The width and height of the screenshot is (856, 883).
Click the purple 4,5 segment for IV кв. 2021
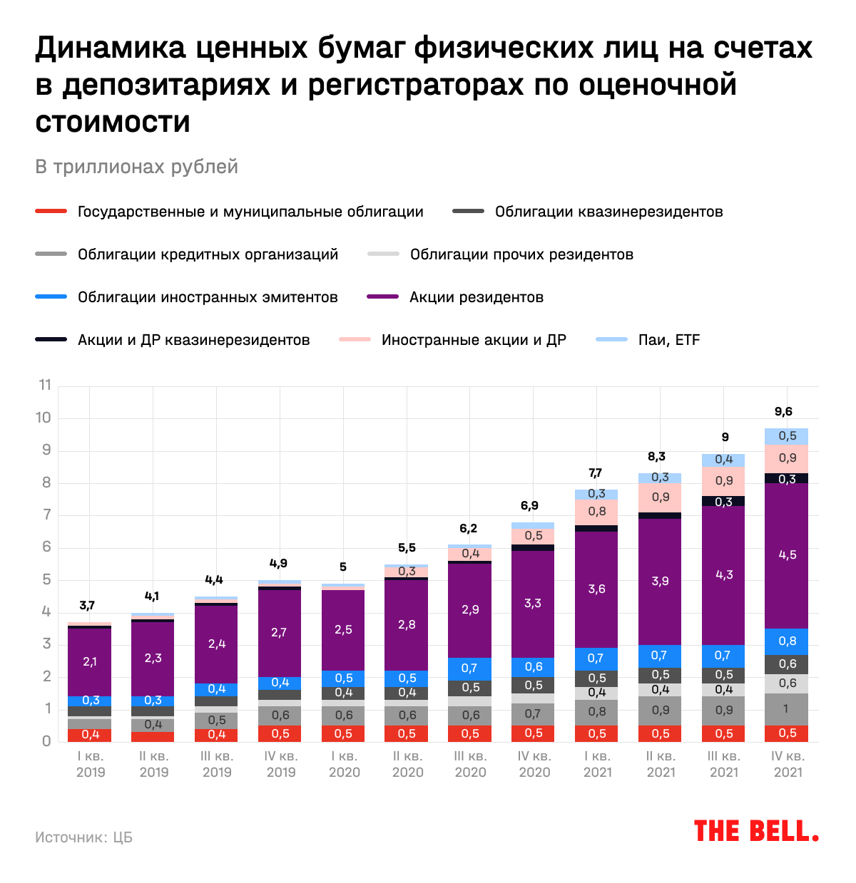click(787, 554)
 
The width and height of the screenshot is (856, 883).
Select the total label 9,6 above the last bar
click(783, 412)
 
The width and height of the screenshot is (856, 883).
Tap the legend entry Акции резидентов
click(476, 297)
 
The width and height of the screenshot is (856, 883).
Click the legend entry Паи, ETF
click(668, 340)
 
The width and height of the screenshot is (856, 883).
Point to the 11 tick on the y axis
click(45, 386)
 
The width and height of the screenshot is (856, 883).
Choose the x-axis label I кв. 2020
click(343, 764)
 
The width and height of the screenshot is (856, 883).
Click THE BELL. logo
click(756, 831)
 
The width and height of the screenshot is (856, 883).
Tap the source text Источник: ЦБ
click(83, 837)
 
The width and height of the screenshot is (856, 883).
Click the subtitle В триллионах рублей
click(136, 167)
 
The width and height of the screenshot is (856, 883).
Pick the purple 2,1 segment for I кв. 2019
click(90, 661)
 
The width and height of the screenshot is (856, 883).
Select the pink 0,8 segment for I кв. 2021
click(596, 511)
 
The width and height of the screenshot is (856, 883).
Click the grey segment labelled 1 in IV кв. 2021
click(787, 709)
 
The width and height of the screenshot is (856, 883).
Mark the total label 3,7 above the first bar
click(87, 606)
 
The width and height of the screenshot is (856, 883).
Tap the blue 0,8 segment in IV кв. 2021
click(787, 641)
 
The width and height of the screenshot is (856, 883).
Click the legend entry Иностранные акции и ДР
click(473, 340)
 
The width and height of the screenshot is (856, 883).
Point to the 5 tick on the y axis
click(46, 579)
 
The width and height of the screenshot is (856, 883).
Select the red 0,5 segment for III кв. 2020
click(470, 733)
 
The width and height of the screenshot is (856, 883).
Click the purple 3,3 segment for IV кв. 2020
click(533, 604)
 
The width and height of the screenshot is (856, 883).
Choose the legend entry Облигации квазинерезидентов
click(608, 212)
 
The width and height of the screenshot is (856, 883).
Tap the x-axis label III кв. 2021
click(724, 764)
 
